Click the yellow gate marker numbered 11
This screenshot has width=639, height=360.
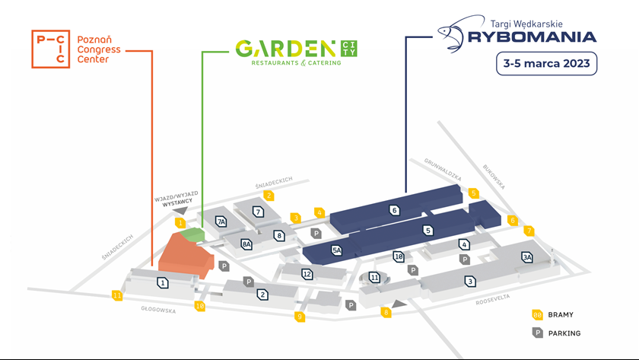pyautogui.click(x=117, y=295)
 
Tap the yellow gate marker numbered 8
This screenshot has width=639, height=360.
pyautogui.click(x=386, y=313)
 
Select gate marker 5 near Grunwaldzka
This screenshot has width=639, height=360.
pyautogui.click(x=473, y=193)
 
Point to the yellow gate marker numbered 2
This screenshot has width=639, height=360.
pyautogui.click(x=269, y=196)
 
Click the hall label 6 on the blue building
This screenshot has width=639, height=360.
pyautogui.click(x=394, y=210)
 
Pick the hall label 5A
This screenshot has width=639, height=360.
pyautogui.click(x=336, y=250)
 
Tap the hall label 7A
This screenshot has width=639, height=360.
pyautogui.click(x=221, y=221)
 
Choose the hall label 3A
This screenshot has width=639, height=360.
pyautogui.click(x=527, y=257)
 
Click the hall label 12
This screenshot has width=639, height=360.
pyautogui.click(x=307, y=275)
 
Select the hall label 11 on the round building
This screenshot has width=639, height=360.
pyautogui.click(x=374, y=278)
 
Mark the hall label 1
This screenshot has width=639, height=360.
pyautogui.click(x=163, y=282)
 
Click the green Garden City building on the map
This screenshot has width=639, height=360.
pyautogui.click(x=192, y=234)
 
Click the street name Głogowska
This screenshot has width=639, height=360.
pyautogui.click(x=158, y=310)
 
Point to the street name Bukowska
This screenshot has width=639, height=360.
pyautogui.click(x=494, y=177)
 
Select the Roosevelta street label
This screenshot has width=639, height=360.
pyautogui.click(x=493, y=300)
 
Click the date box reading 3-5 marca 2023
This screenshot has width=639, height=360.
pyautogui.click(x=546, y=64)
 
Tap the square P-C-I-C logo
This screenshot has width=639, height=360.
pyautogui.click(x=50, y=49)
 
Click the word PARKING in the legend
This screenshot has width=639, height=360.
pyautogui.click(x=564, y=333)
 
